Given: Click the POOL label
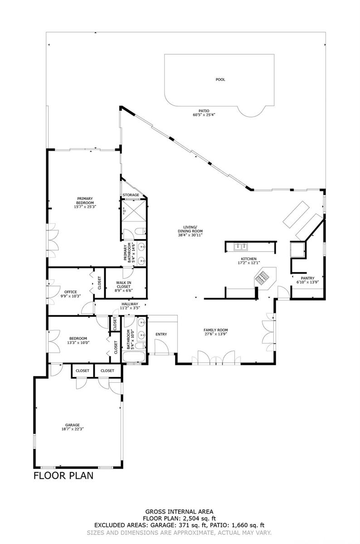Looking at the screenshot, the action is coord(220,79).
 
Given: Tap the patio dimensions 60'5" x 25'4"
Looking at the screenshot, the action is coord(204,115).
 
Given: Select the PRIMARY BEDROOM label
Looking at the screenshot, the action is coord(85,200).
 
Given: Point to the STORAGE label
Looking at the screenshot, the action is coord(131,195).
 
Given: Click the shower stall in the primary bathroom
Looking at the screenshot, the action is coord(134,210).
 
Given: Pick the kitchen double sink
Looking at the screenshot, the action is coord(241,247).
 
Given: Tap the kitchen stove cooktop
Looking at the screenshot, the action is coord(262,277).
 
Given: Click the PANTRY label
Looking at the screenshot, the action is coord(307,278).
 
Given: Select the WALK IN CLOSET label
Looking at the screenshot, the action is coord(124,285).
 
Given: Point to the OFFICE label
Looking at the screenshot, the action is coord(71,292).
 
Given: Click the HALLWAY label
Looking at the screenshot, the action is coord(130,304).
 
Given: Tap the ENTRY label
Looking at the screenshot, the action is coord(161,334).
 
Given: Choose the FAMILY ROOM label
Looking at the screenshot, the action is coord(216,330).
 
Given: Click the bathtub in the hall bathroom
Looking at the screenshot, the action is coord(134,356).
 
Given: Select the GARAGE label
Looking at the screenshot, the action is coord(73,425).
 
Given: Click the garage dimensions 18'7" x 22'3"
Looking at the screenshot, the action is coord(73,429).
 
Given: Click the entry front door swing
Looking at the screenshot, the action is coord(161,346).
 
